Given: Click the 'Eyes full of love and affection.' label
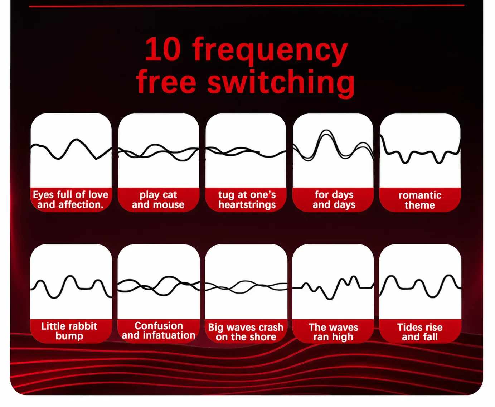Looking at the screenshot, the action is [x=71, y=199].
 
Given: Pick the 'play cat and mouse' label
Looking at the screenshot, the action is [x=158, y=200].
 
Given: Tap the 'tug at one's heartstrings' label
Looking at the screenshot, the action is [x=247, y=200].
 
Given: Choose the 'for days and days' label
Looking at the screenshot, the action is [x=334, y=200].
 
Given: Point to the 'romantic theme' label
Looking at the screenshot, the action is [x=420, y=200].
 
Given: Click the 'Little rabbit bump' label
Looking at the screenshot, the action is [x=69, y=331].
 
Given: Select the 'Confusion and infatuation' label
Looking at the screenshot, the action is [x=159, y=330].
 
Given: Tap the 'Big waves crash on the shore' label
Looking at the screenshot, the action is [x=246, y=332].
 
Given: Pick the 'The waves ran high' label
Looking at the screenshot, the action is [x=333, y=332].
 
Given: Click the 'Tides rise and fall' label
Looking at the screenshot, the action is [x=420, y=332].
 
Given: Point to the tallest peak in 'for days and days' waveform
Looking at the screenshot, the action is [x=326, y=131].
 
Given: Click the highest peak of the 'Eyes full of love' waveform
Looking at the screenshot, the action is [x=77, y=140].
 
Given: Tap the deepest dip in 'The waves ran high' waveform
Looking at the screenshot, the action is [x=330, y=299].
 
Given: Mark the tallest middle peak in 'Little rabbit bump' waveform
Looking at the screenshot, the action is [x=70, y=276].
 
